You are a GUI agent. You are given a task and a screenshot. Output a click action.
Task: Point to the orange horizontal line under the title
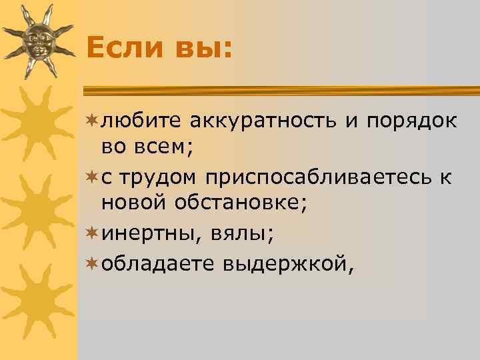[x=280, y=89]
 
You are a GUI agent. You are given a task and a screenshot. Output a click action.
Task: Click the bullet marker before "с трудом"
[x=91, y=177]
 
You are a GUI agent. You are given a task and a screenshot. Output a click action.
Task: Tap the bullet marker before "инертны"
[x=91, y=234]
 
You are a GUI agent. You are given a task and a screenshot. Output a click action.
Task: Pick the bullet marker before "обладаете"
[x=91, y=263]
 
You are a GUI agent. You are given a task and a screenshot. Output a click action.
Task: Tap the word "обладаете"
[x=153, y=264]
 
